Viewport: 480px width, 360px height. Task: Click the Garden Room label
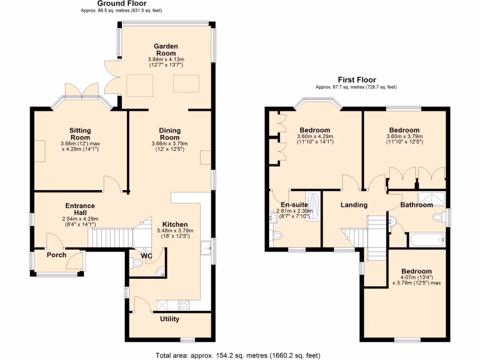coord(165,50)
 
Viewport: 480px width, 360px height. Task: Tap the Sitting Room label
coord(80,134)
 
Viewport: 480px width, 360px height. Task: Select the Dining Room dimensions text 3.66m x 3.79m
coord(170,143)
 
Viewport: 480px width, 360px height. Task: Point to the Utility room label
coord(170,319)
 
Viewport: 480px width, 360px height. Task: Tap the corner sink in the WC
coord(161,272)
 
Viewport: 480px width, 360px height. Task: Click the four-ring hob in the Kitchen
coord(184,305)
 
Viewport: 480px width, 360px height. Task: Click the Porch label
coord(56,255)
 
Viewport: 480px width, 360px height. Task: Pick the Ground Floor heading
coord(122,4)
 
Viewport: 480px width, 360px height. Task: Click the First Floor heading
coord(357,80)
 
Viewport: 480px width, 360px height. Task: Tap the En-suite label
coord(294,205)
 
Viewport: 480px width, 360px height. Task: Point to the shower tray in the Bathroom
coord(432,198)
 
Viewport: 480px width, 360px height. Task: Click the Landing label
coord(354,205)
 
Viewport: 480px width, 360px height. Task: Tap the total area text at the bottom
coord(238,355)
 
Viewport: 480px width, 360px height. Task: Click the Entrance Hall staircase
coord(111,238)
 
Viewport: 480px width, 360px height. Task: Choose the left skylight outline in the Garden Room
coord(140,85)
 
